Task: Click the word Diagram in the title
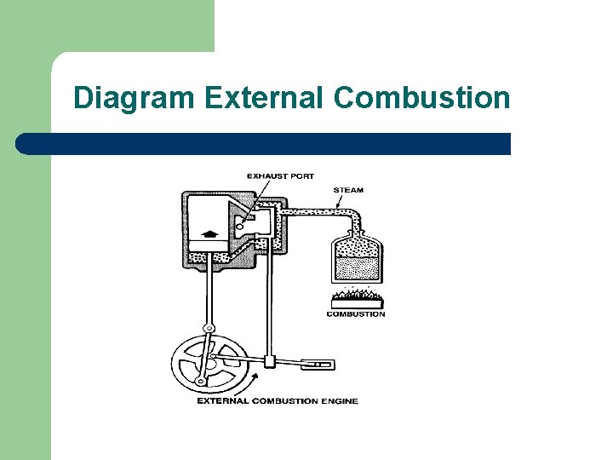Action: [134, 98]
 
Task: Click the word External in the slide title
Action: [264, 98]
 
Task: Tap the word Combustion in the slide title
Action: [421, 98]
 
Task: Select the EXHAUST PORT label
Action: [280, 176]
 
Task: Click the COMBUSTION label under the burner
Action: [356, 314]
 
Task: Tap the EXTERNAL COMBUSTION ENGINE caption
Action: [278, 401]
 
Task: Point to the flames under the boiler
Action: [356, 296]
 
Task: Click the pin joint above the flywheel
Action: [208, 329]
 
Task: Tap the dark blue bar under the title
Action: [264, 144]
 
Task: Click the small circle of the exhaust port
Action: [242, 227]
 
